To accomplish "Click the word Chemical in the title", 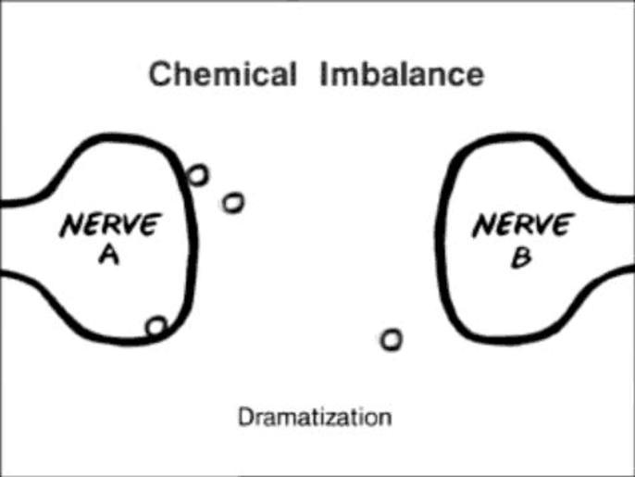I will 222,73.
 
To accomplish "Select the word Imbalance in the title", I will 401,73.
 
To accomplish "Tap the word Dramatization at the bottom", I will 315,417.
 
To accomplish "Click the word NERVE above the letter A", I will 109,225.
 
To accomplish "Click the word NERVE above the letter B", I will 522,225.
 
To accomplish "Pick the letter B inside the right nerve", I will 521,257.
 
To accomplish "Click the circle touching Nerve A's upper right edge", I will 197,174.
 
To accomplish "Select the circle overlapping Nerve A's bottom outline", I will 156,326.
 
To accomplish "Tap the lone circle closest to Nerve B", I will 392,340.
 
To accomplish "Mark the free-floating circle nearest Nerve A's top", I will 232,201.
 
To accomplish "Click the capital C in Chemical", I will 161,73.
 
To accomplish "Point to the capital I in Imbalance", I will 326,73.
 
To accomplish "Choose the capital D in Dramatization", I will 245,417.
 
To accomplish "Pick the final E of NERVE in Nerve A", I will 148,223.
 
